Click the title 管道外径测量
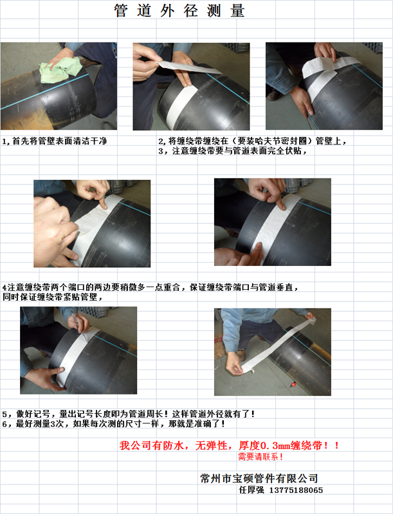(179, 11)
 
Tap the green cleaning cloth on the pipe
(60, 69)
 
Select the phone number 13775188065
(296, 490)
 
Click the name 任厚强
(251, 490)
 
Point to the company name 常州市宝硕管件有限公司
(259, 478)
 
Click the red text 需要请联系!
(260, 456)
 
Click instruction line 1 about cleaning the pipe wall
(55, 141)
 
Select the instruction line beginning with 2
(252, 141)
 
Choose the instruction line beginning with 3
(232, 151)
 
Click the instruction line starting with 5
(129, 414)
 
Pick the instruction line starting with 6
(113, 423)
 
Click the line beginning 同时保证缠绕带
(53, 297)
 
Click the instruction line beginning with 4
(151, 287)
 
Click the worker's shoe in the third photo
(273, 94)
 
